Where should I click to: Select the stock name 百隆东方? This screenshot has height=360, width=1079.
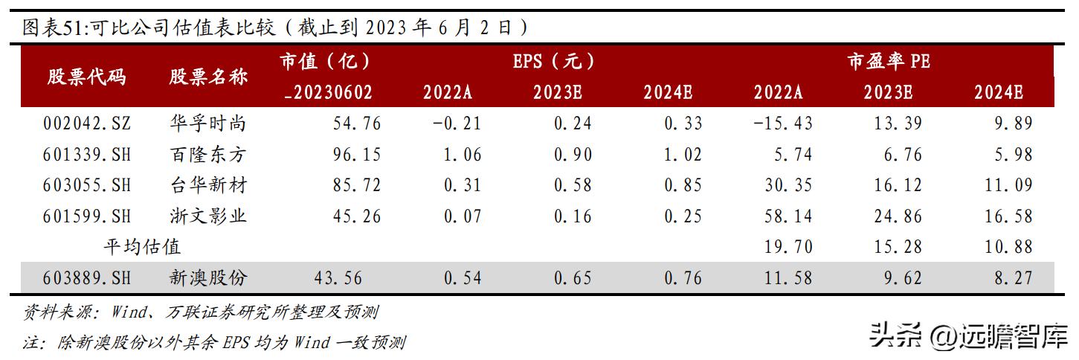207,154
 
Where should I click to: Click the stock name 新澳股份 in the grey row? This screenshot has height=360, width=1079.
207,278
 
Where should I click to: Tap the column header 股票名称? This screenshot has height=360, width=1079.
207,77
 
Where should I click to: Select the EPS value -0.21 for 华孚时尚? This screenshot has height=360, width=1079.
457,123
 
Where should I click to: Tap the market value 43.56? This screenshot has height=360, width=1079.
338,278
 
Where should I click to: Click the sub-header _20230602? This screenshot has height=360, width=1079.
328,93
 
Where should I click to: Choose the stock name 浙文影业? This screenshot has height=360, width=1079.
207,216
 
